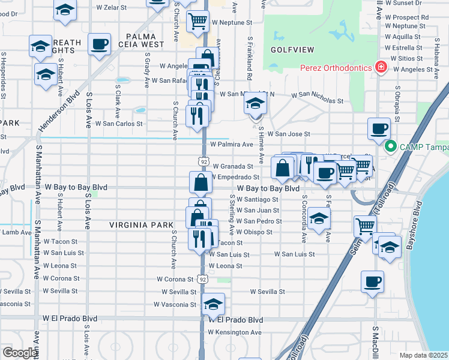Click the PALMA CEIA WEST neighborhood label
145,40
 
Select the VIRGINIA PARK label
141,225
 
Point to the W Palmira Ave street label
231,145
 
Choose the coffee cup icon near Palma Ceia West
99,44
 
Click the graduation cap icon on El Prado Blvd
213,304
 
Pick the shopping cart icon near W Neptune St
197,21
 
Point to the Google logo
20,353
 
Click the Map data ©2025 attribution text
423,355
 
